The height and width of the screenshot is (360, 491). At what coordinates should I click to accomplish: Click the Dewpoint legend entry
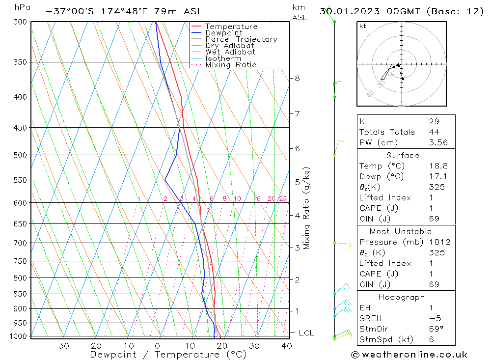point(223,33)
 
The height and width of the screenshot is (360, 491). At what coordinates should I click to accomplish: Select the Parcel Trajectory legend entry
point(241,39)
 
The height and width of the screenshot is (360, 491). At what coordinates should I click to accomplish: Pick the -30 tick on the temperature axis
point(60,346)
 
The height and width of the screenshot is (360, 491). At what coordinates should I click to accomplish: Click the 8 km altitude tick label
point(298,78)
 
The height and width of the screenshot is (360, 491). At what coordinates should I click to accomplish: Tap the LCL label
point(306,333)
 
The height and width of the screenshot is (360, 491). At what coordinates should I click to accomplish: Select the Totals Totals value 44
point(434,132)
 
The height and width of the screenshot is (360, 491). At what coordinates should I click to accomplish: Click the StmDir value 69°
point(435,329)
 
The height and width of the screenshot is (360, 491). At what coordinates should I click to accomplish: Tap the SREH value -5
point(434,318)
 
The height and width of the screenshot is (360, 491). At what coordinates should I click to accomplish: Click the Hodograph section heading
point(401,297)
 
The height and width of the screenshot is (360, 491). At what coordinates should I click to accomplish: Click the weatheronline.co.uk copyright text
point(409,355)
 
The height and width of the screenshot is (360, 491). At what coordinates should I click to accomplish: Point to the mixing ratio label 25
point(283,199)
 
